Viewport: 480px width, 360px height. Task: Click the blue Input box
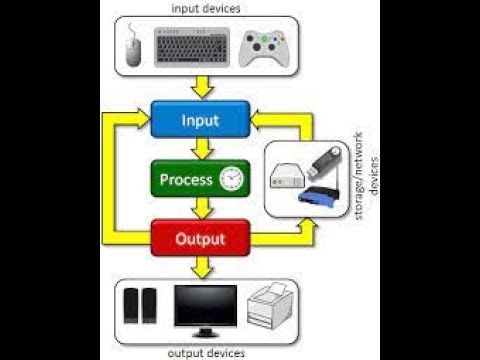point(199,121)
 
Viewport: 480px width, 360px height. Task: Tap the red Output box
point(199,239)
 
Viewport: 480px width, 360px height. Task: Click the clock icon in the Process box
point(231,179)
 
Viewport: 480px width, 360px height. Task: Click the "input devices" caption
point(205,9)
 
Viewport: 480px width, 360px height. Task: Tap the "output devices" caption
point(205,353)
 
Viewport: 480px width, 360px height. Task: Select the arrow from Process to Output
point(203,209)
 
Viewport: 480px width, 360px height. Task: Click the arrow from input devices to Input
point(203,87)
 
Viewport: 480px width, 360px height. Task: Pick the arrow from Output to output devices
point(203,267)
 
